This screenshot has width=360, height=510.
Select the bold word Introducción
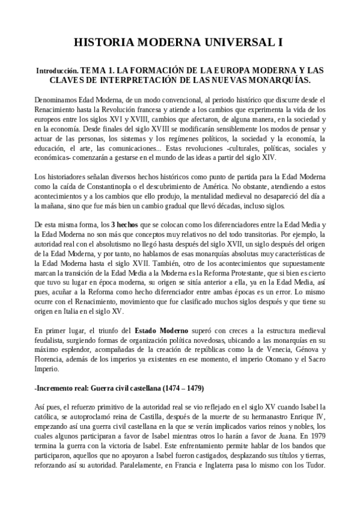tap(56, 71)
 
